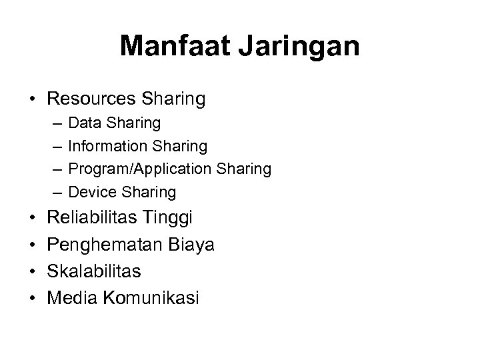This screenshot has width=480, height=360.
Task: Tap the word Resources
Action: coord(93,99)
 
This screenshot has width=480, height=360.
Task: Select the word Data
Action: coord(82,123)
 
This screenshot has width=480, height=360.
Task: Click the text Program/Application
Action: coord(141,169)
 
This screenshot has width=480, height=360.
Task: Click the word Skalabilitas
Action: coord(95,271)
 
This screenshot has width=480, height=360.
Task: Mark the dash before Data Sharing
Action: coord(53,123)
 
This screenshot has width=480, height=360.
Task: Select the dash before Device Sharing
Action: coord(53,193)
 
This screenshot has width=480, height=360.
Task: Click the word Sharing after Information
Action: coord(182,146)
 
